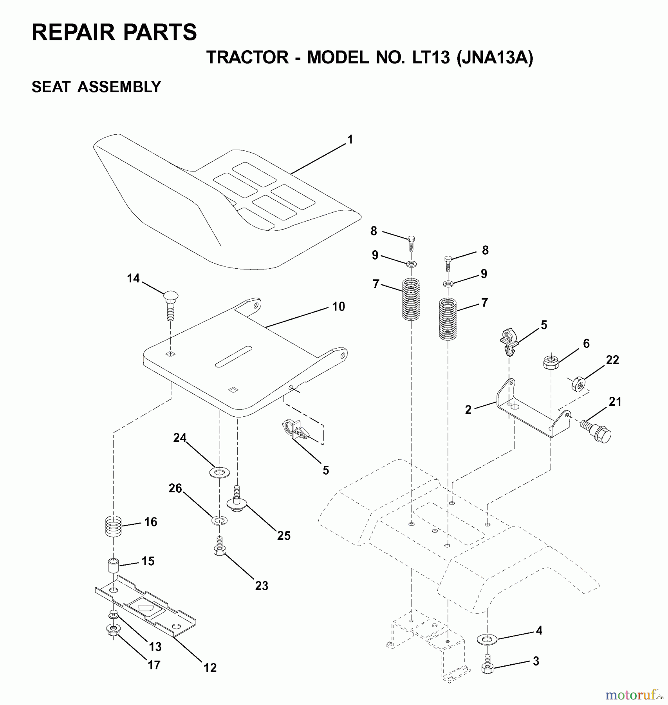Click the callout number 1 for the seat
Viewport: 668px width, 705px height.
(350, 139)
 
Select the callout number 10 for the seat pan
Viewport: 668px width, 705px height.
(338, 307)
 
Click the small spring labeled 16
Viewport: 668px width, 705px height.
(114, 526)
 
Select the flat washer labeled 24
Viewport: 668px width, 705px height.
(219, 473)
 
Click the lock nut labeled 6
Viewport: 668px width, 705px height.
(551, 362)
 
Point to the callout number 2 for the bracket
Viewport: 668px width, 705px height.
(468, 410)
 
